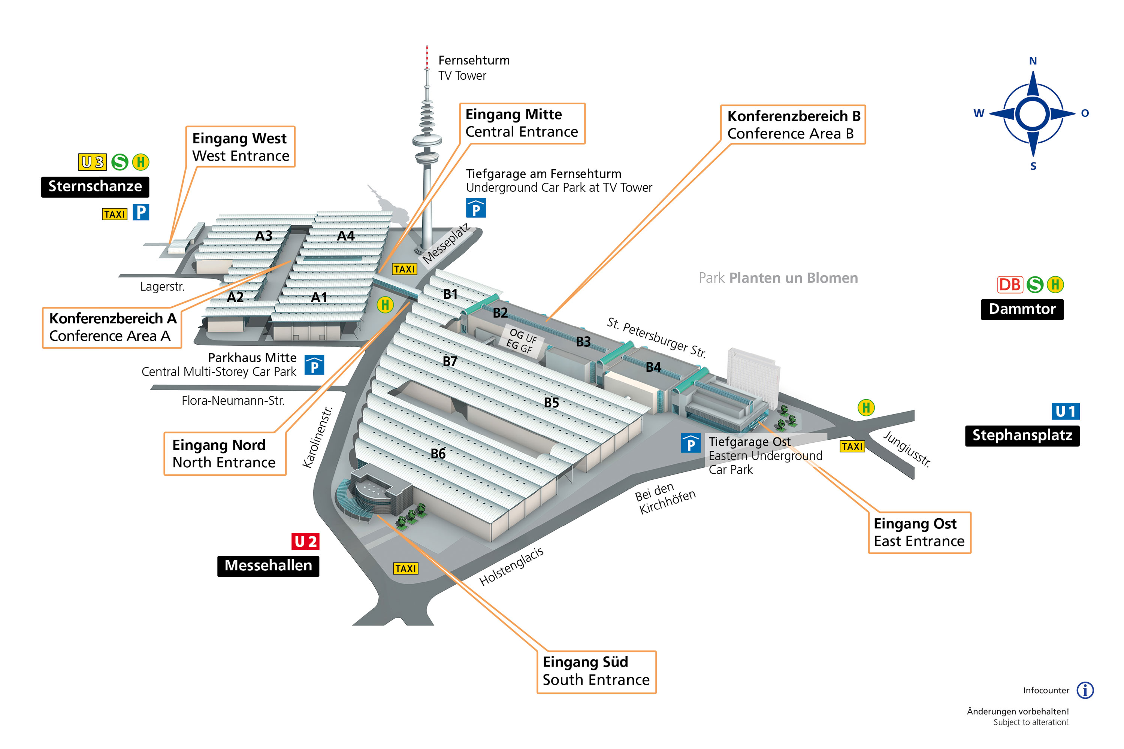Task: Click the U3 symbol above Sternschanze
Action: pyautogui.click(x=92, y=162)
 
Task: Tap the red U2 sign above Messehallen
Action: pyautogui.click(x=305, y=541)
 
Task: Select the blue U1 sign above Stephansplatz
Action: pyautogui.click(x=1066, y=411)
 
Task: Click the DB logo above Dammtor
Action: pyautogui.click(x=1010, y=285)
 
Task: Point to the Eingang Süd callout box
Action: pyautogui.click(x=596, y=671)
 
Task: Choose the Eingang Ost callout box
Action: pyautogui.click(x=919, y=533)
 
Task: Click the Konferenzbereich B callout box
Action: pyautogui.click(x=793, y=125)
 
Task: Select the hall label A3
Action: pyautogui.click(x=263, y=236)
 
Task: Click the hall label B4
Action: pyautogui.click(x=653, y=367)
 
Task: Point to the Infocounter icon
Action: pyautogui.click(x=1085, y=690)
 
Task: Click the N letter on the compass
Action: pyautogui.click(x=1033, y=61)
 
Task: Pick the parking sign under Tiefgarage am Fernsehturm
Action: pyautogui.click(x=476, y=208)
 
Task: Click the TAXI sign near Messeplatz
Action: pyautogui.click(x=404, y=269)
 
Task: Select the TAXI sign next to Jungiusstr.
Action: pyautogui.click(x=852, y=446)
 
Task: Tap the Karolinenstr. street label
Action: pyautogui.click(x=317, y=437)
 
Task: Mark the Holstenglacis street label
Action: pyautogui.click(x=511, y=567)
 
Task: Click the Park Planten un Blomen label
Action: pyautogui.click(x=778, y=278)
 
